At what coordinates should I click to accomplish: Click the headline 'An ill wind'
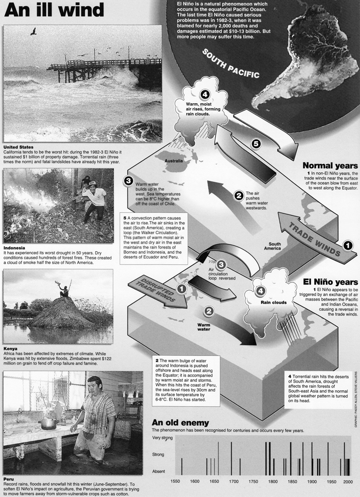(x=54, y=10)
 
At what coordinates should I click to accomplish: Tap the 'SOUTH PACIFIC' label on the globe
(x=230, y=63)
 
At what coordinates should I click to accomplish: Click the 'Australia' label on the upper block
(x=174, y=161)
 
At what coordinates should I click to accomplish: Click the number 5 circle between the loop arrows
(x=256, y=143)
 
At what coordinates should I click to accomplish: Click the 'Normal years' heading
(x=330, y=165)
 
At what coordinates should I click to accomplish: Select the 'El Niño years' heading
(x=330, y=282)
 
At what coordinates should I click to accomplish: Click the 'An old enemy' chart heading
(x=180, y=422)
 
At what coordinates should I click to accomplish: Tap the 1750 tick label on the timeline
(x=253, y=482)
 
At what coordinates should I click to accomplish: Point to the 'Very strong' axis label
(x=162, y=438)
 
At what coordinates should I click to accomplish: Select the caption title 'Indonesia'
(x=14, y=248)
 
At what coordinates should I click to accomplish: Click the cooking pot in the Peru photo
(x=49, y=423)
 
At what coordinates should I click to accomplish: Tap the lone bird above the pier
(x=33, y=31)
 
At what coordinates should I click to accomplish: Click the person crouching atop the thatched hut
(x=65, y=292)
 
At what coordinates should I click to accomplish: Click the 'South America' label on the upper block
(x=274, y=246)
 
